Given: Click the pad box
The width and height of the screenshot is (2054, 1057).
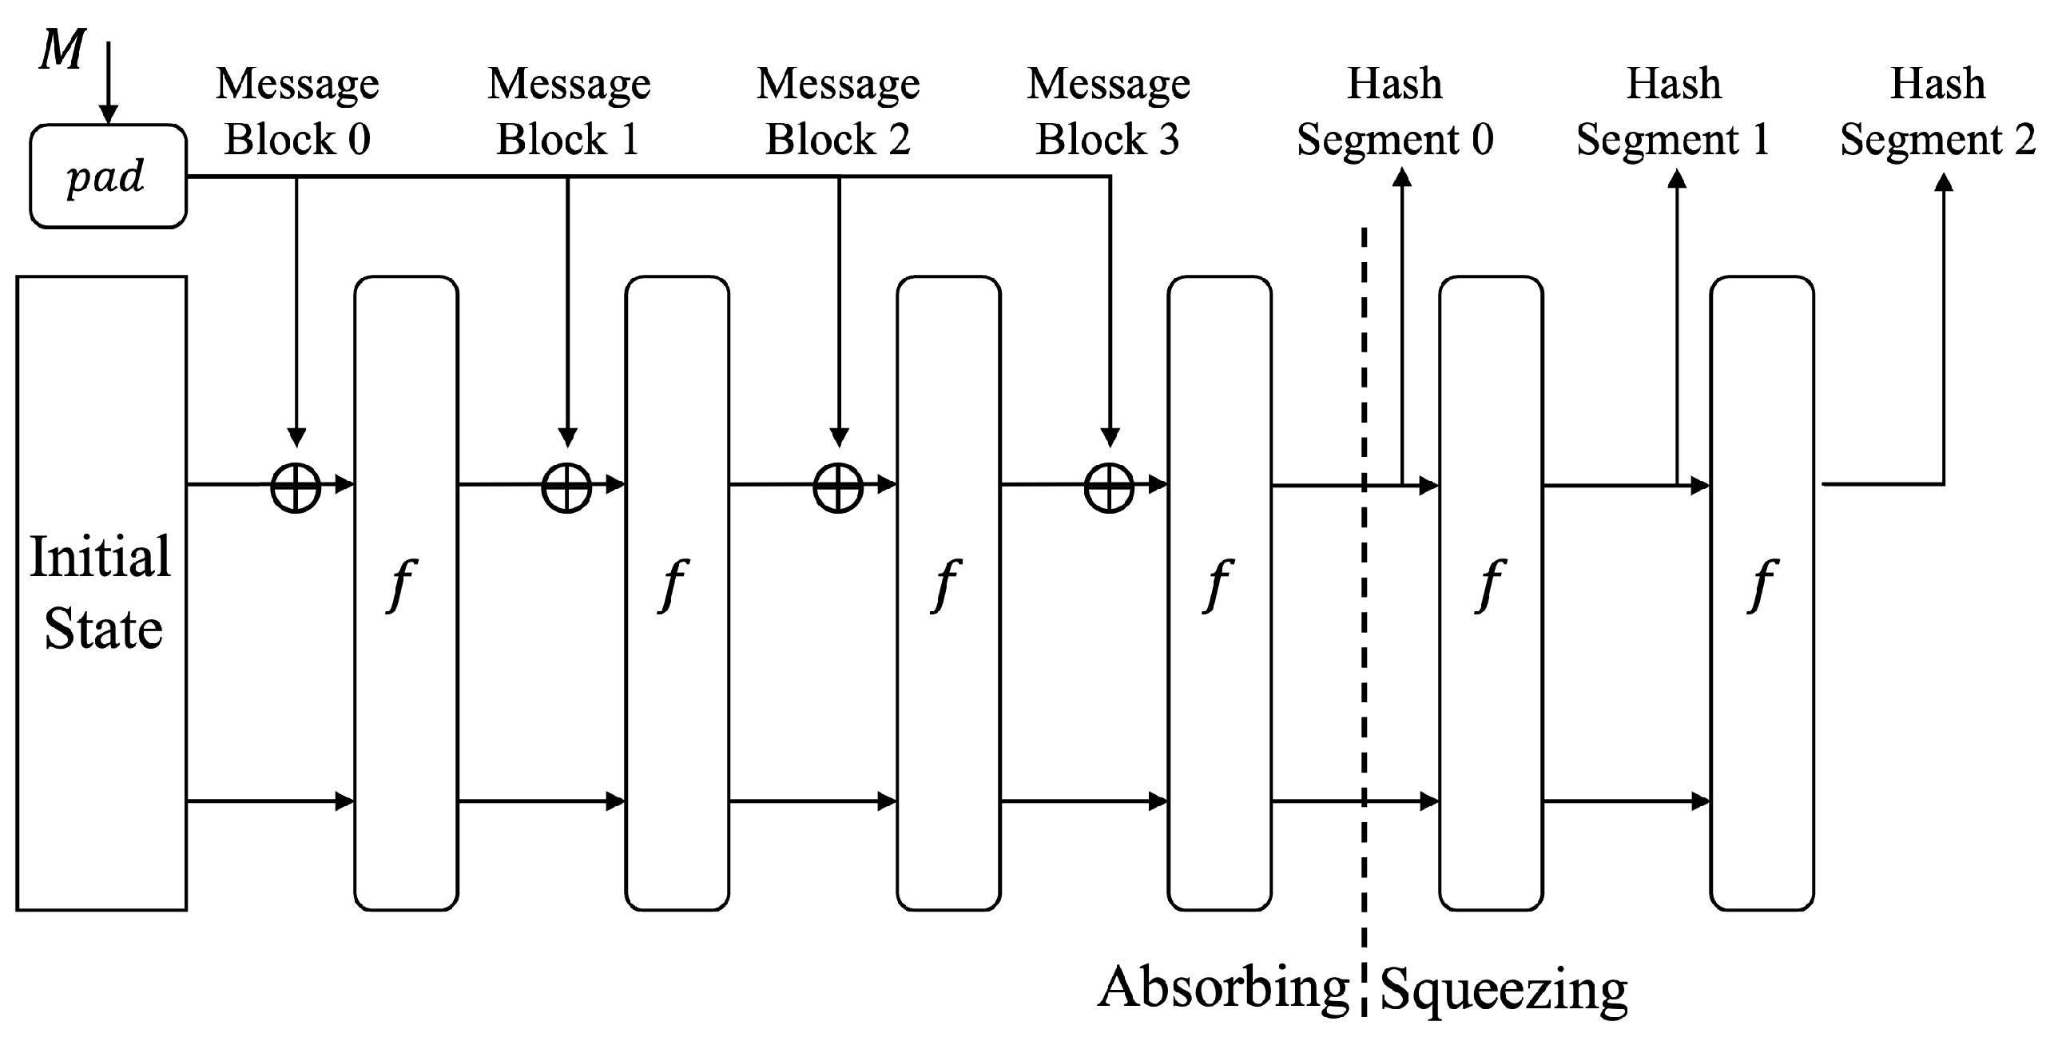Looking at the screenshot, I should point(108,177).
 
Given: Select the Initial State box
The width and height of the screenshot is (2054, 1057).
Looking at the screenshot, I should point(101,593).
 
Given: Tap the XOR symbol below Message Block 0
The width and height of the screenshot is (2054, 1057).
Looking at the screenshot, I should point(296,487).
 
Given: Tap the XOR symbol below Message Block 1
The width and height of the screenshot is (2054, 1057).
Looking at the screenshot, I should point(566,487).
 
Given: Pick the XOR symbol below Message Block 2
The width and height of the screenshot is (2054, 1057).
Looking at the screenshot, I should point(838,487).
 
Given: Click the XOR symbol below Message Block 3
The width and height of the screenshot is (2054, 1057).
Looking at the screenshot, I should point(1109,487).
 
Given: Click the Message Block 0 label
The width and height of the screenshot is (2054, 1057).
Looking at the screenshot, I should point(297,111).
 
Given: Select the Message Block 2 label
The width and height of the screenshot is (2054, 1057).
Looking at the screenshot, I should point(838,111).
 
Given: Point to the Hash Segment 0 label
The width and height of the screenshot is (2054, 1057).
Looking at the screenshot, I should point(1394,111).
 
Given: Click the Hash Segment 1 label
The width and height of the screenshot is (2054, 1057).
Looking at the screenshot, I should point(1674,111).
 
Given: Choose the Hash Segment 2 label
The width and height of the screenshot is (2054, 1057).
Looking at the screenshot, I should point(1937,111).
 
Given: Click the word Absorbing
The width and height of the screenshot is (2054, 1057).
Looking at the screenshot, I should point(1223,988).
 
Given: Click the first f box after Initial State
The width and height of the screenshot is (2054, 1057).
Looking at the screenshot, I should point(406,593).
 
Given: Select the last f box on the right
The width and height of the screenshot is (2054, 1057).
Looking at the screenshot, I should point(1762,593).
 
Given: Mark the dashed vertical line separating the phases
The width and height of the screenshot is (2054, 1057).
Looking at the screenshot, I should point(1364,639).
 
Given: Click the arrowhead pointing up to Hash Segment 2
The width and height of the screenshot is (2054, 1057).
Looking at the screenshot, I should point(1944,184).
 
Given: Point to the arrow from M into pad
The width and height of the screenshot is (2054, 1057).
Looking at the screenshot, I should point(108,84).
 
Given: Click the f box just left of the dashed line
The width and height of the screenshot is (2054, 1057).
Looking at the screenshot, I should point(1219,593).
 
